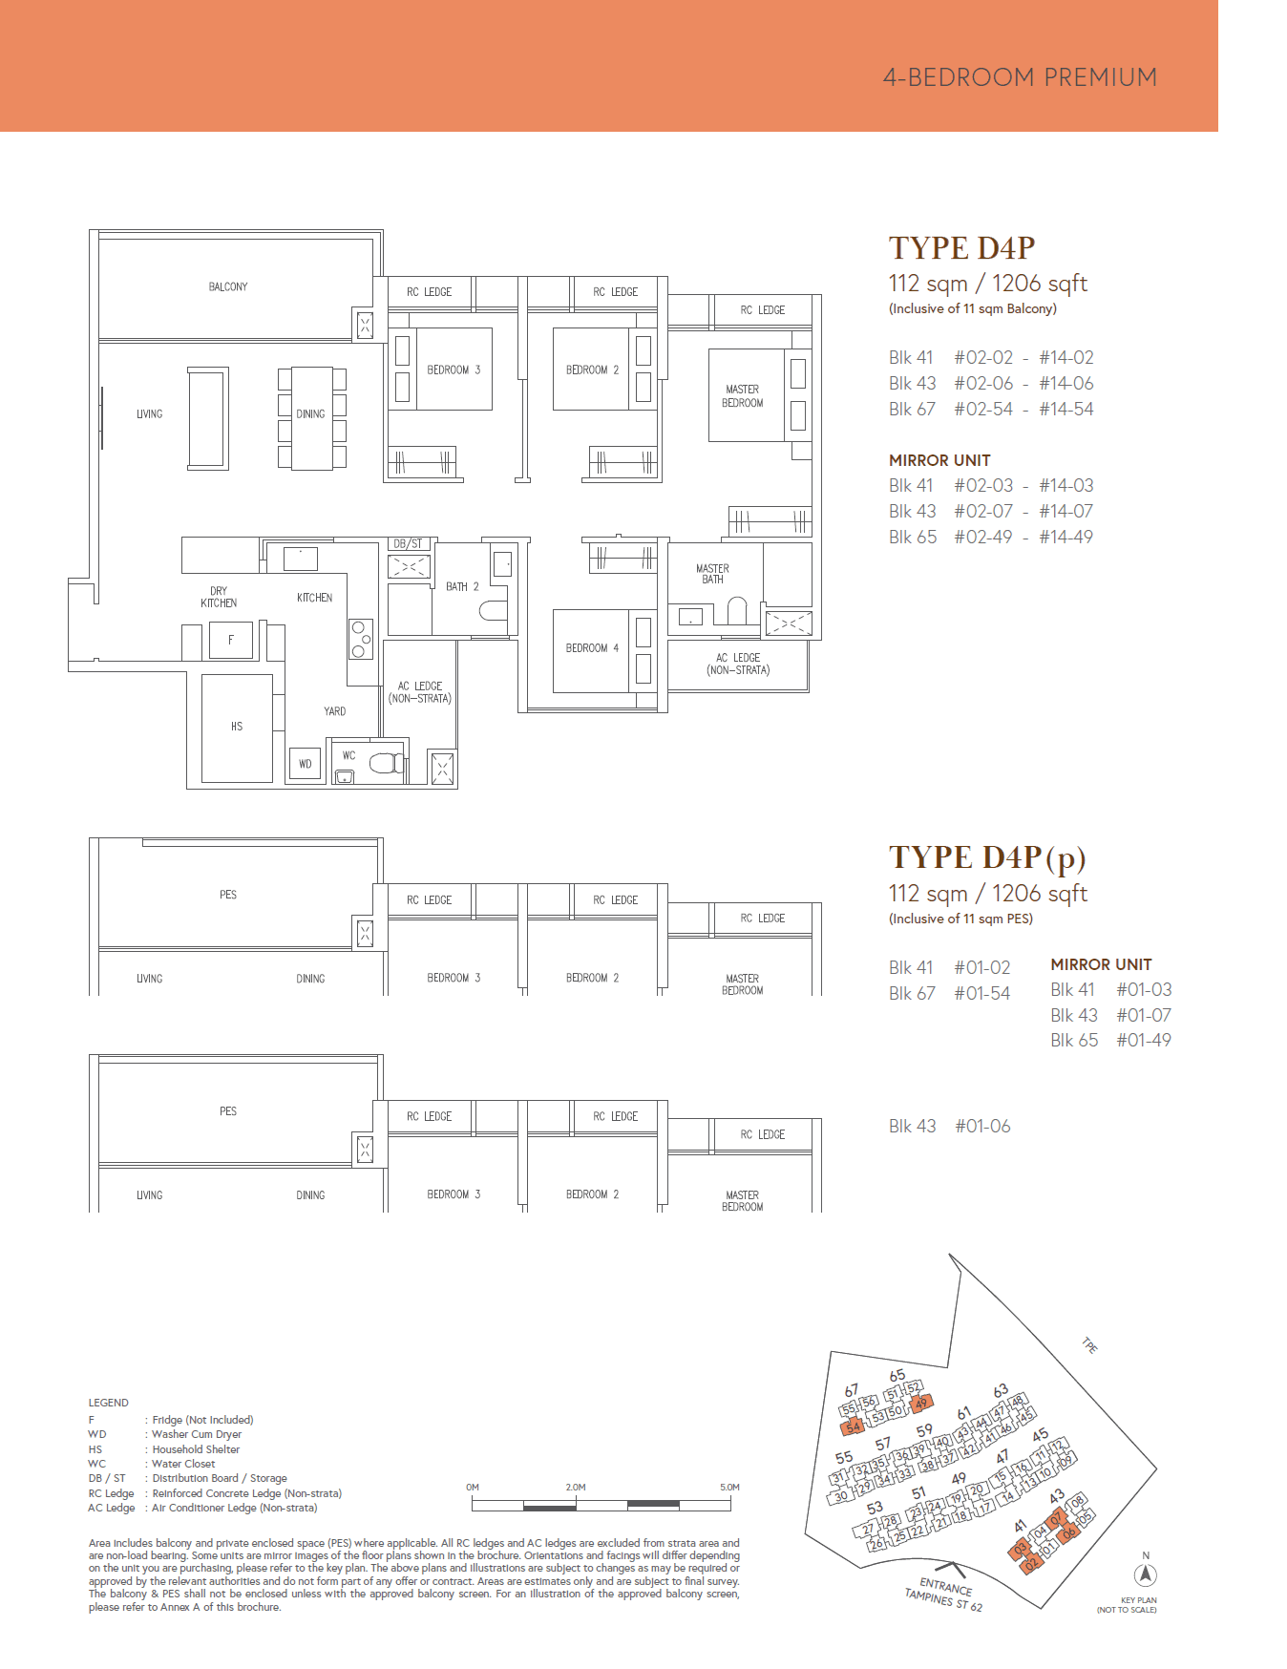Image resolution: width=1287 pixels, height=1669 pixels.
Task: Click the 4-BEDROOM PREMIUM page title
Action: coord(1020,77)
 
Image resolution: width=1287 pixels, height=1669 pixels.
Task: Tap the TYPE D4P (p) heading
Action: coord(987,857)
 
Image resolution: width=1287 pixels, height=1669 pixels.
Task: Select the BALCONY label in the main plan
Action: coord(228,286)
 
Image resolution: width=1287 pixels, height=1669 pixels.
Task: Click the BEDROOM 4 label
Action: coord(592,648)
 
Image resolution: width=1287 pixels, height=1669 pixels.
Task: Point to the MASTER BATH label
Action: coord(712,574)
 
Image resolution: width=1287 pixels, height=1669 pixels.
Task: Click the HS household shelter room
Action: coord(237,727)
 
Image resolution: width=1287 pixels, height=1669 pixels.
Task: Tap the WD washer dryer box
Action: coord(306,764)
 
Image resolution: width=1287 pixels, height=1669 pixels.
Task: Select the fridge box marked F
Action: coord(231,640)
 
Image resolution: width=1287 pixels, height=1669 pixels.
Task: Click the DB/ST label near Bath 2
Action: coord(408,543)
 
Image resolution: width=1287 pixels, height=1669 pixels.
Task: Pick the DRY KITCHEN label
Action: coord(219,597)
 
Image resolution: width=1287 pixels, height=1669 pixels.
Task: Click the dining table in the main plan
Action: coord(312,418)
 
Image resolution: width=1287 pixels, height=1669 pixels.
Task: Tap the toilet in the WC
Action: coord(385,763)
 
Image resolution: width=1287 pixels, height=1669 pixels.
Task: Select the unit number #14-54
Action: coord(1066,409)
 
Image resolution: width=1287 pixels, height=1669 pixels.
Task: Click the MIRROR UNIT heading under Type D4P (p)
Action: coord(1101,964)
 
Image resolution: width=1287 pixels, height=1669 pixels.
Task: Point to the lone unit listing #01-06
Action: coord(982,1127)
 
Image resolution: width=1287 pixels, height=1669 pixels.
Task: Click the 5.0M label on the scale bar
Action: coord(729,1487)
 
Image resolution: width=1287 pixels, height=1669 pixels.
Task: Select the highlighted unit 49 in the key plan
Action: coord(920,1404)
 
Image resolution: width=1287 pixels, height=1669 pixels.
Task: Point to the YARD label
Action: coord(334,711)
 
